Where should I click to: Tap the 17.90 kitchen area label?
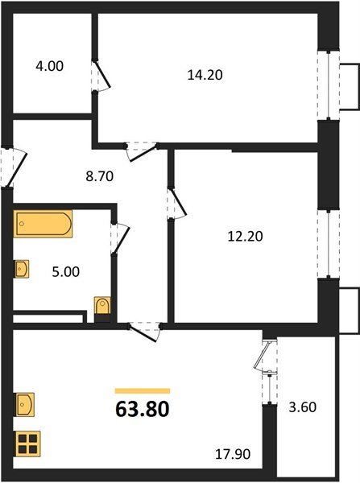point(234,455)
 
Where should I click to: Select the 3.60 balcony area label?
point(303,407)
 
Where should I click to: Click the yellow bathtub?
point(43,223)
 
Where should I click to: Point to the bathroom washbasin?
point(22,268)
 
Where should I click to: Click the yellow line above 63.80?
point(142,391)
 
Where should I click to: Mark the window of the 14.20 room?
point(329,85)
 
